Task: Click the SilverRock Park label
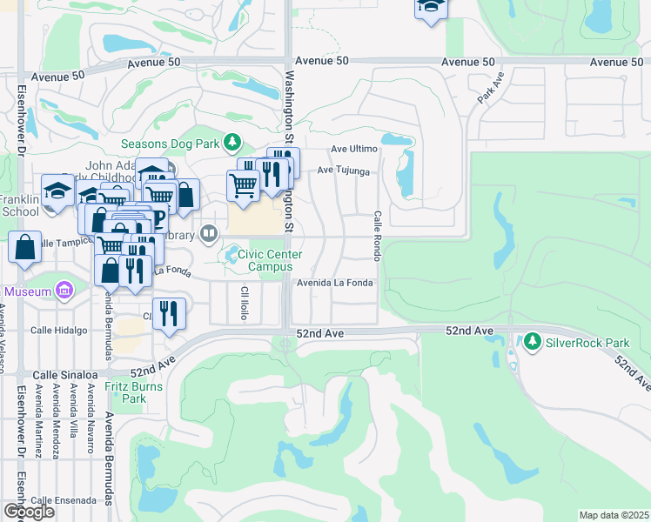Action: pyautogui.click(x=581, y=342)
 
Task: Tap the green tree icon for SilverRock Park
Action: pyautogui.click(x=533, y=341)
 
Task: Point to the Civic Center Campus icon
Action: pyautogui.click(x=232, y=255)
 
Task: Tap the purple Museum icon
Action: pyautogui.click(x=64, y=291)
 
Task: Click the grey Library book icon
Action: pyautogui.click(x=209, y=232)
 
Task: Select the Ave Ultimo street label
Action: pyautogui.click(x=352, y=150)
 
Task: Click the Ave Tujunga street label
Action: pyautogui.click(x=344, y=171)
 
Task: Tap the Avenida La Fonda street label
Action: pyautogui.click(x=335, y=284)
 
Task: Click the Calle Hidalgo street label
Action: pyautogui.click(x=59, y=331)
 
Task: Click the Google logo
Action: pyautogui.click(x=30, y=511)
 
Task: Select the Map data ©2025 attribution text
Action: pyautogui.click(x=614, y=515)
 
